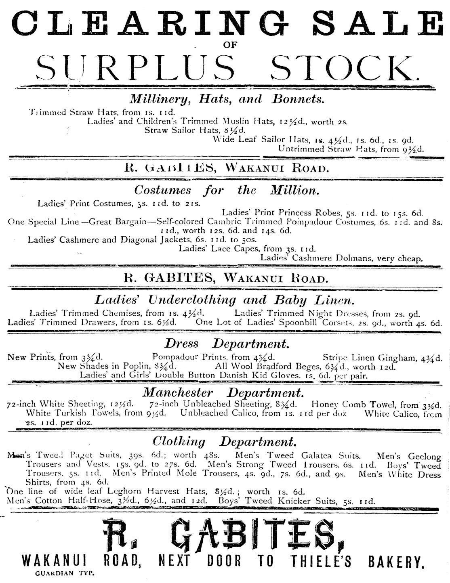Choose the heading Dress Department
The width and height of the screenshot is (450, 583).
tap(227, 344)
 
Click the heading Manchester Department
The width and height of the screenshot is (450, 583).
tap(223, 392)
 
